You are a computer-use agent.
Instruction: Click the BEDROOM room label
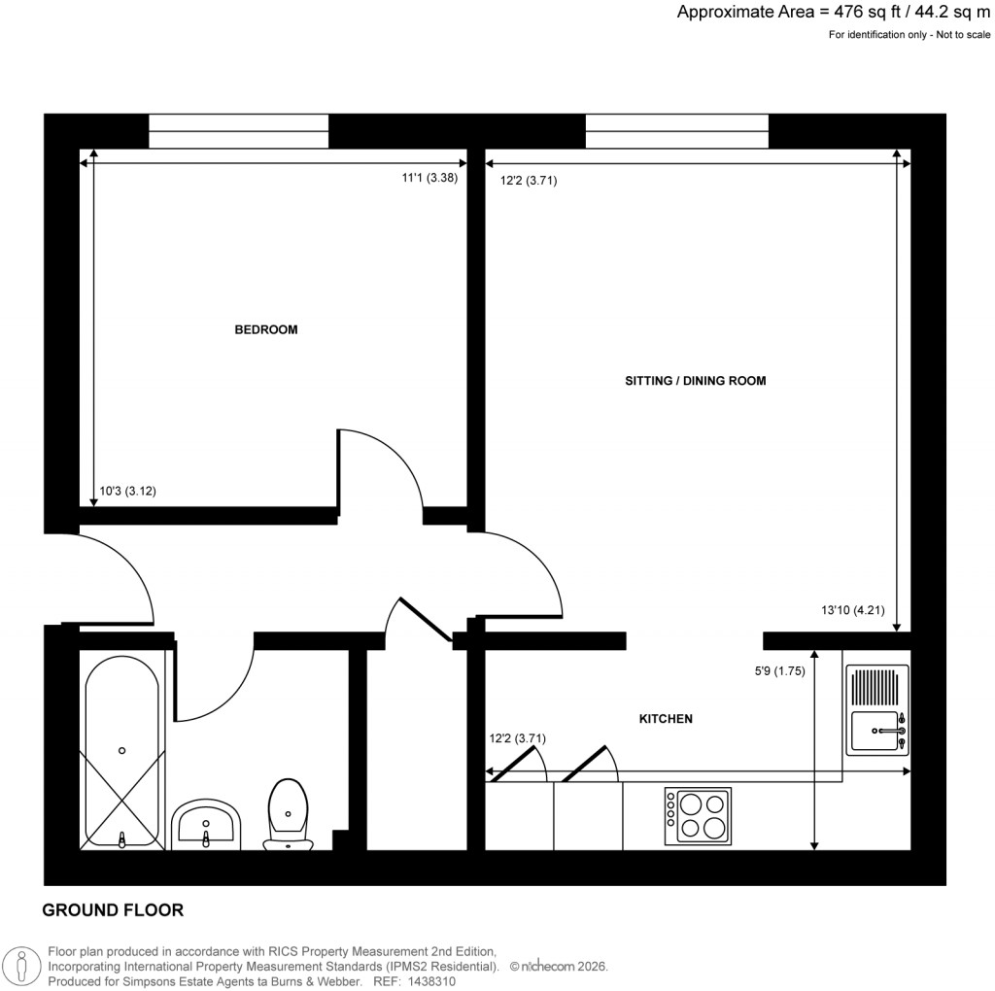266,329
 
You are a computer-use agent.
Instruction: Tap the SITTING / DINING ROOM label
696,381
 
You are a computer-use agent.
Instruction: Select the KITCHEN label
666,719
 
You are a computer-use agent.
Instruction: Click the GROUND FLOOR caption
113,910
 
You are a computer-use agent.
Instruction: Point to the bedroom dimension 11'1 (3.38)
429,178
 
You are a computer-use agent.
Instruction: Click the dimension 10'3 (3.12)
128,492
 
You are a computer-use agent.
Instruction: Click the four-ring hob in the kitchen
698,816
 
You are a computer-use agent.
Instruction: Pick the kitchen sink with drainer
878,709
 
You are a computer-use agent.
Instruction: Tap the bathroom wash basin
205,827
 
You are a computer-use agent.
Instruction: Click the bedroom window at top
238,131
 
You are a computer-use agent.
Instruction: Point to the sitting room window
676,131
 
